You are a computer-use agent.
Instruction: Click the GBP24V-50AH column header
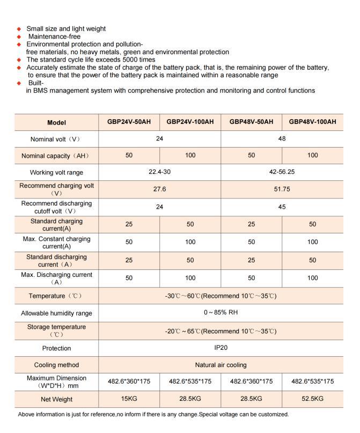[x=129, y=122]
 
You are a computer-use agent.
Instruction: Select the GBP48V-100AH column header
[x=312, y=122]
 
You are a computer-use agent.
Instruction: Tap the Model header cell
[x=56, y=122]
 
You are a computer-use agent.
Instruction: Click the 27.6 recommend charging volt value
[x=160, y=189]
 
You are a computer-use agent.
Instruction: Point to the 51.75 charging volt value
[x=282, y=189]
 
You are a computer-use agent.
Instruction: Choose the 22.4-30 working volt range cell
[x=160, y=172]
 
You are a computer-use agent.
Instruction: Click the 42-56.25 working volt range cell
[x=282, y=172]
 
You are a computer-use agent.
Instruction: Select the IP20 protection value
[x=221, y=348]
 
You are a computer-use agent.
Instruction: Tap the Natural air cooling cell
[x=221, y=365]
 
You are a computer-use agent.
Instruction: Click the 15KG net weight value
[x=129, y=399]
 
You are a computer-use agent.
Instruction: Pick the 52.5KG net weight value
[x=312, y=399]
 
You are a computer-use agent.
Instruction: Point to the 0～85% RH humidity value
[x=221, y=313]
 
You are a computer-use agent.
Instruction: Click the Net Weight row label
[x=56, y=399]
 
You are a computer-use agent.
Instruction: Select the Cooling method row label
[x=56, y=365]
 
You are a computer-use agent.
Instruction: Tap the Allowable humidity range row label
[x=56, y=313]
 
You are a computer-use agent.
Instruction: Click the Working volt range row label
[x=56, y=173]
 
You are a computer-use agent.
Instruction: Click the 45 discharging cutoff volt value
[x=282, y=207]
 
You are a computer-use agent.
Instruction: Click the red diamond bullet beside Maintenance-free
[x=20, y=36]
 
